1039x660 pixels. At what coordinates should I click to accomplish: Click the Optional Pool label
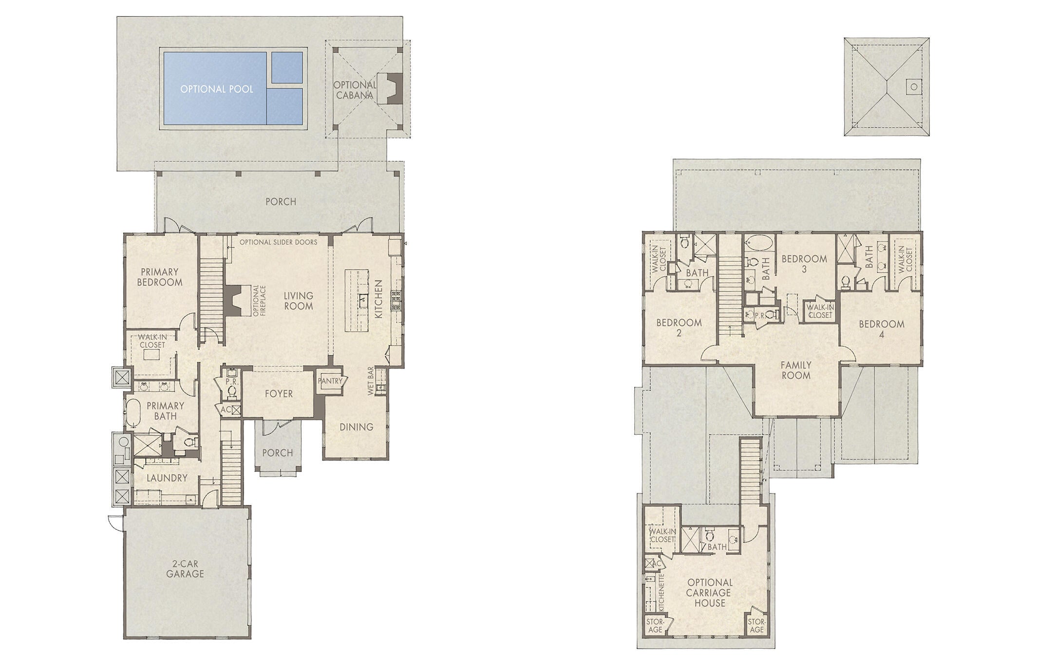217,89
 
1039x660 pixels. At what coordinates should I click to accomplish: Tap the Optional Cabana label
355,90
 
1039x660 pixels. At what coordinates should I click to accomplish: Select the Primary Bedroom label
160,277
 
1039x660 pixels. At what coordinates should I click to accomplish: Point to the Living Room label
299,301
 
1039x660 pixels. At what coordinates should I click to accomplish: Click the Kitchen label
378,299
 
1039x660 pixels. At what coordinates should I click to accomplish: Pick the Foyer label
279,393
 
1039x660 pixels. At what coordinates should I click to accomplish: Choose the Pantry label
331,381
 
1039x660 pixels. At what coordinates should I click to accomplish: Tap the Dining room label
357,427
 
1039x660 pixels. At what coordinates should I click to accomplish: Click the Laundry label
167,478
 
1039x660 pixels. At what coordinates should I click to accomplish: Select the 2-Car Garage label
185,569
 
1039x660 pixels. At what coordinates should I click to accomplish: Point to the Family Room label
796,370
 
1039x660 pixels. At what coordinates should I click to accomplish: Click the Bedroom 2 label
679,328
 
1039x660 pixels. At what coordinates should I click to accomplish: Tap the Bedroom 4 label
882,329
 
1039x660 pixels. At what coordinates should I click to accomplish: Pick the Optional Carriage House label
710,593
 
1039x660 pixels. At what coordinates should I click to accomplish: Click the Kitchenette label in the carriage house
661,592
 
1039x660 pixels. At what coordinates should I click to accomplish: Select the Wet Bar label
371,381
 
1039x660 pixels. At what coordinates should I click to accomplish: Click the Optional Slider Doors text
278,242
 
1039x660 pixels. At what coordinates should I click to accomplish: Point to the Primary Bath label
166,411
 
